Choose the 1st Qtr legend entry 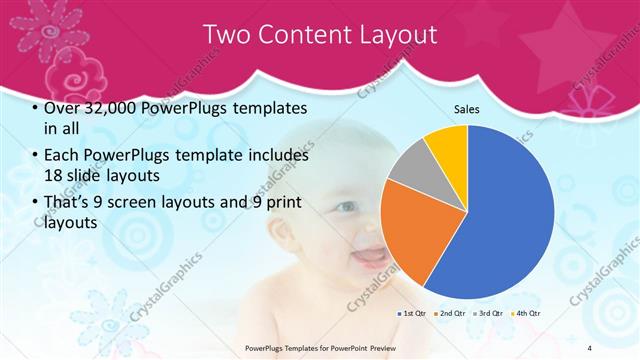414,313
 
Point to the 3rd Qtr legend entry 488,313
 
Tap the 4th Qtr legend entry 526,313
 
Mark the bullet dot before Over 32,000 36,109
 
